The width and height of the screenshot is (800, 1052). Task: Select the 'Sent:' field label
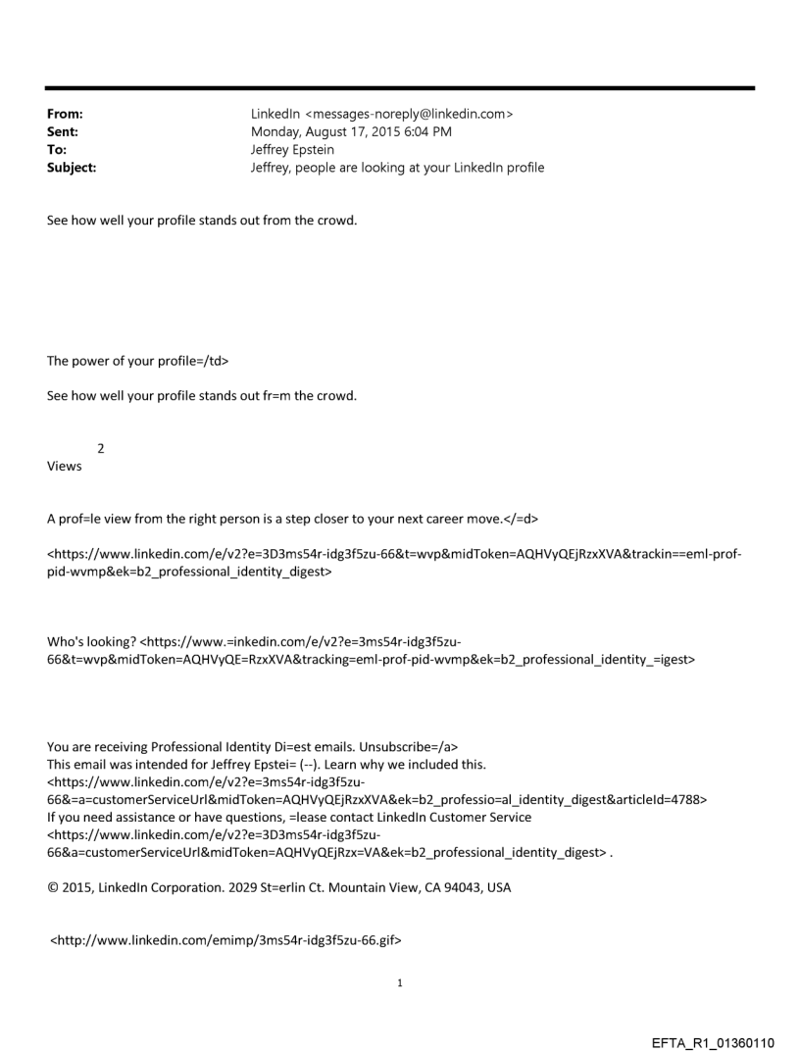[63, 132]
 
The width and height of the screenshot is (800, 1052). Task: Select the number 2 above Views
[101, 448]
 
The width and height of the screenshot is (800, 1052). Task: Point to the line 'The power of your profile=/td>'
[138, 360]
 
